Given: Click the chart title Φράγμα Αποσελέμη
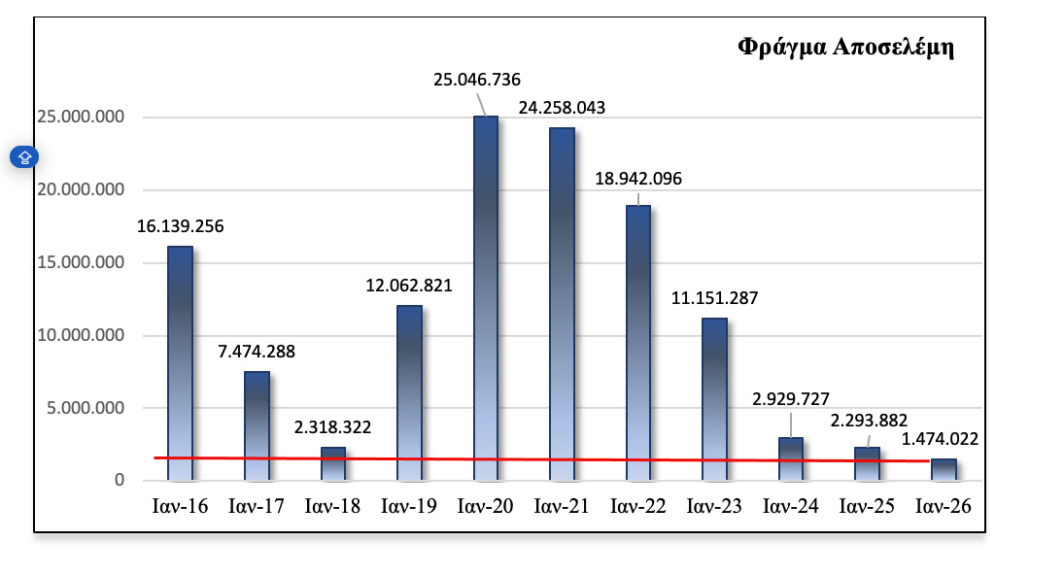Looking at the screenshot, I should pyautogui.click(x=845, y=48).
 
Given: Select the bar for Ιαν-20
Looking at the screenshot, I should pyautogui.click(x=486, y=291).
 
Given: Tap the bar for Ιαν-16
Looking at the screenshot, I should pyautogui.click(x=181, y=359).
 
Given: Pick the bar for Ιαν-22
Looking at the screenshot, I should pyautogui.click(x=637, y=340).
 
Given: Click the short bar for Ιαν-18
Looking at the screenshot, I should pyautogui.click(x=333, y=463).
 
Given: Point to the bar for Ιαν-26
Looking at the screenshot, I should pyautogui.click(x=944, y=469).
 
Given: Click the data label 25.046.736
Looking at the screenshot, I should pyautogui.click(x=477, y=80).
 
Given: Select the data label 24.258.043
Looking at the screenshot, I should pyautogui.click(x=562, y=108).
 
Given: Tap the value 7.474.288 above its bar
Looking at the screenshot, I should pyautogui.click(x=256, y=352).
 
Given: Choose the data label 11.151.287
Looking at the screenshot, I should pyautogui.click(x=714, y=298).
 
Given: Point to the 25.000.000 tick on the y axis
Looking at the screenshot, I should pyautogui.click(x=82, y=118).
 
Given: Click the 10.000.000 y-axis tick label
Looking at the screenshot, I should pyautogui.click(x=82, y=336).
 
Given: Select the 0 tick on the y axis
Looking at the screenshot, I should pyautogui.click(x=120, y=481).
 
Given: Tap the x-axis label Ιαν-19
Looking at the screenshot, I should pyautogui.click(x=408, y=507).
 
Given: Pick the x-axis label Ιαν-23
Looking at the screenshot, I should pyautogui.click(x=714, y=507).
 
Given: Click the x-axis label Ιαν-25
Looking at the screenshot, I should pyautogui.click(x=868, y=507).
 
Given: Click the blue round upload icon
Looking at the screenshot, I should pyautogui.click(x=24, y=156).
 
